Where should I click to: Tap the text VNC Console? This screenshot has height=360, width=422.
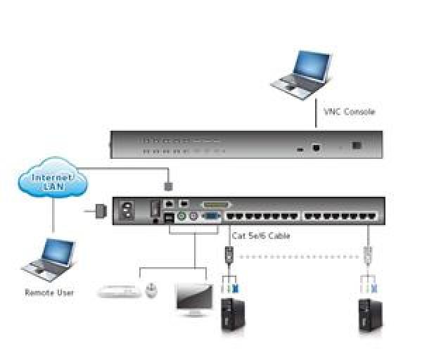coord(349,112)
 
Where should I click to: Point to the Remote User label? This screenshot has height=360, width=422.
coord(49,292)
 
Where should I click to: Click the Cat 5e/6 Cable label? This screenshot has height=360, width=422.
coord(261,236)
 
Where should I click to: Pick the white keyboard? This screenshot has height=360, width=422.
coord(119,290)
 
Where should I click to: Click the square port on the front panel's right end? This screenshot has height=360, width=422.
coord(357,145)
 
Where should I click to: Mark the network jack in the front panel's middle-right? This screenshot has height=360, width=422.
coord(317,147)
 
